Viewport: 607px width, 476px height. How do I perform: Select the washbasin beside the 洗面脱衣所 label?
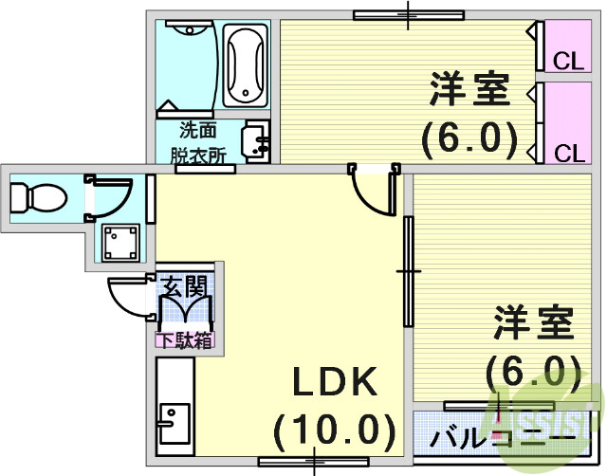(x=256, y=141)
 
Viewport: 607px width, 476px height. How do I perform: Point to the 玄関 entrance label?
(x=184, y=284)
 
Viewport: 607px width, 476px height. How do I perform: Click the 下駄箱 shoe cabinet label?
(x=184, y=339)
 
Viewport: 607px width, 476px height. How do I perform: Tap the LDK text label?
(x=334, y=383)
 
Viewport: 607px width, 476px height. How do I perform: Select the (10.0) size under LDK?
(x=334, y=431)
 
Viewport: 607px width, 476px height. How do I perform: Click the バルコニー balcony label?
(x=503, y=439)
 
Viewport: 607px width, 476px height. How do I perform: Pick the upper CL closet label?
(x=568, y=62)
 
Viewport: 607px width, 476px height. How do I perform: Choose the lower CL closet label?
(x=568, y=153)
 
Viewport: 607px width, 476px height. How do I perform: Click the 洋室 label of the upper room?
(x=470, y=90)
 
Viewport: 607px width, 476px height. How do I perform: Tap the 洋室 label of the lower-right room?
(x=534, y=323)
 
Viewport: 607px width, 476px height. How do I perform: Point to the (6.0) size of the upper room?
(x=470, y=139)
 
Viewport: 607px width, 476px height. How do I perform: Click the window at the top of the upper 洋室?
(x=408, y=14)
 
